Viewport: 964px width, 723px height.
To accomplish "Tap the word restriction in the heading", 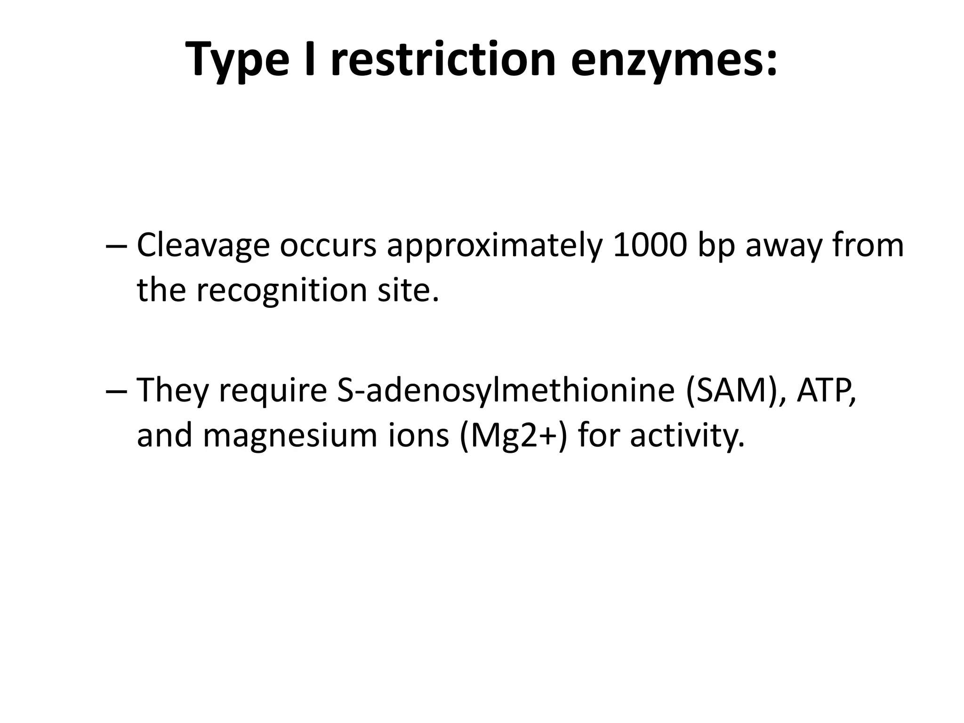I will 443,59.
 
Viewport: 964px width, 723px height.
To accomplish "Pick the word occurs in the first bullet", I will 328,246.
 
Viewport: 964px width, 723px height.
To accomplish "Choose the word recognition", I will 281,291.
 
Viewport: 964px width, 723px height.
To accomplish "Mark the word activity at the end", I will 687,436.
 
